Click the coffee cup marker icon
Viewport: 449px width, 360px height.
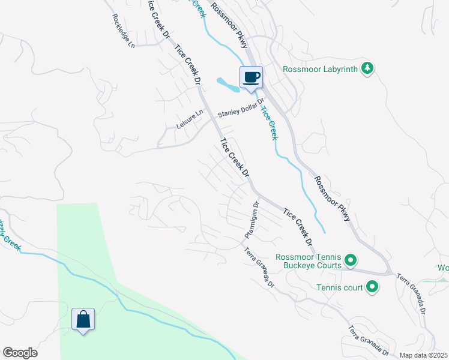[x=252, y=77]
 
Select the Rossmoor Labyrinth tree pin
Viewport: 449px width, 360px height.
[x=367, y=69]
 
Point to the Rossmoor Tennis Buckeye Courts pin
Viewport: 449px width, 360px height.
[x=351, y=261]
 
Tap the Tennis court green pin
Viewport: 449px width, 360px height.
[x=372, y=287]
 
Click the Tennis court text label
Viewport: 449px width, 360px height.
[x=340, y=288]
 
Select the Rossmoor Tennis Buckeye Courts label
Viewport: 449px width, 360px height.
[x=309, y=261]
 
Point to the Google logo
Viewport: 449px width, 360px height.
[x=20, y=353]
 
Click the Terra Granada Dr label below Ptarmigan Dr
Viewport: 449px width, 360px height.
[x=259, y=268]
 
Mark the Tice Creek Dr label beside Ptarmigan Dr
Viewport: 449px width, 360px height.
[x=298, y=227]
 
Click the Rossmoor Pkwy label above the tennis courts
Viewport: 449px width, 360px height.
[x=333, y=197]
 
